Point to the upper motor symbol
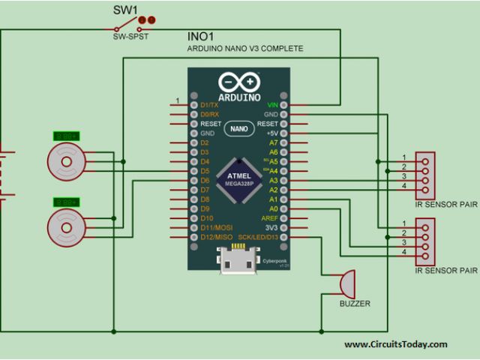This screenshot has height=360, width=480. pyautogui.click(x=65, y=159)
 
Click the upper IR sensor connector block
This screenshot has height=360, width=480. pyautogui.click(x=424, y=172)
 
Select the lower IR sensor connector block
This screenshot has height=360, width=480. pyautogui.click(x=424, y=238)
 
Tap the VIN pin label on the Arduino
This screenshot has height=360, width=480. pyautogui.click(x=271, y=104)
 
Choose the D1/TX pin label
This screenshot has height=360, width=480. pyautogui.click(x=210, y=104)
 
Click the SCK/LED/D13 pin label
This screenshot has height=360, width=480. pyautogui.click(x=258, y=237)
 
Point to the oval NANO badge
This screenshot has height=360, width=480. pyautogui.click(x=239, y=128)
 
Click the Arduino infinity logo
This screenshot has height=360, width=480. pyautogui.click(x=239, y=82)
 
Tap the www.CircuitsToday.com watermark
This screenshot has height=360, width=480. pyautogui.click(x=396, y=344)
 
